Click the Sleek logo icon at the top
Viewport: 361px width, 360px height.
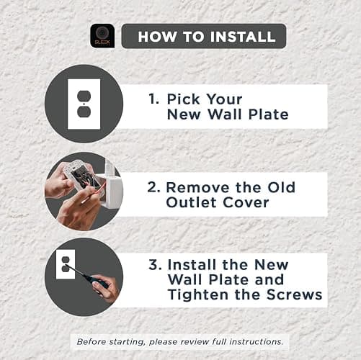coord(102,36)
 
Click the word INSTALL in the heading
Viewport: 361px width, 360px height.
coord(243,37)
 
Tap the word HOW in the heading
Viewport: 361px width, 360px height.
coord(157,37)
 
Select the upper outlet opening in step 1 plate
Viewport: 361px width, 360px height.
coord(84,96)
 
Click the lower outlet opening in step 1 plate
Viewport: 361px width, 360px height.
coord(84,112)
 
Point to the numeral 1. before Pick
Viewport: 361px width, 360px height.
coord(153,99)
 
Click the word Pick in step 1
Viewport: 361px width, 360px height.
coord(183,99)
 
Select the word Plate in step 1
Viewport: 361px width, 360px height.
coord(268,114)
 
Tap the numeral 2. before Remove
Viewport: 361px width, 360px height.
coord(153,187)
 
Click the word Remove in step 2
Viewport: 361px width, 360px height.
coord(198,187)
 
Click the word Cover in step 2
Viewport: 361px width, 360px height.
coord(246,202)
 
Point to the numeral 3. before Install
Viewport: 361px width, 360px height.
coord(155,265)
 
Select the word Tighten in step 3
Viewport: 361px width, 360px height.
coord(198,295)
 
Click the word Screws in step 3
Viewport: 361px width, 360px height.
coord(294,294)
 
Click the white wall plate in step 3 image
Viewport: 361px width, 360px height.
coord(66,264)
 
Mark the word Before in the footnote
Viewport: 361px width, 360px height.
coord(92,341)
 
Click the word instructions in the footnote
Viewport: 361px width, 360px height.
coord(257,341)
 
